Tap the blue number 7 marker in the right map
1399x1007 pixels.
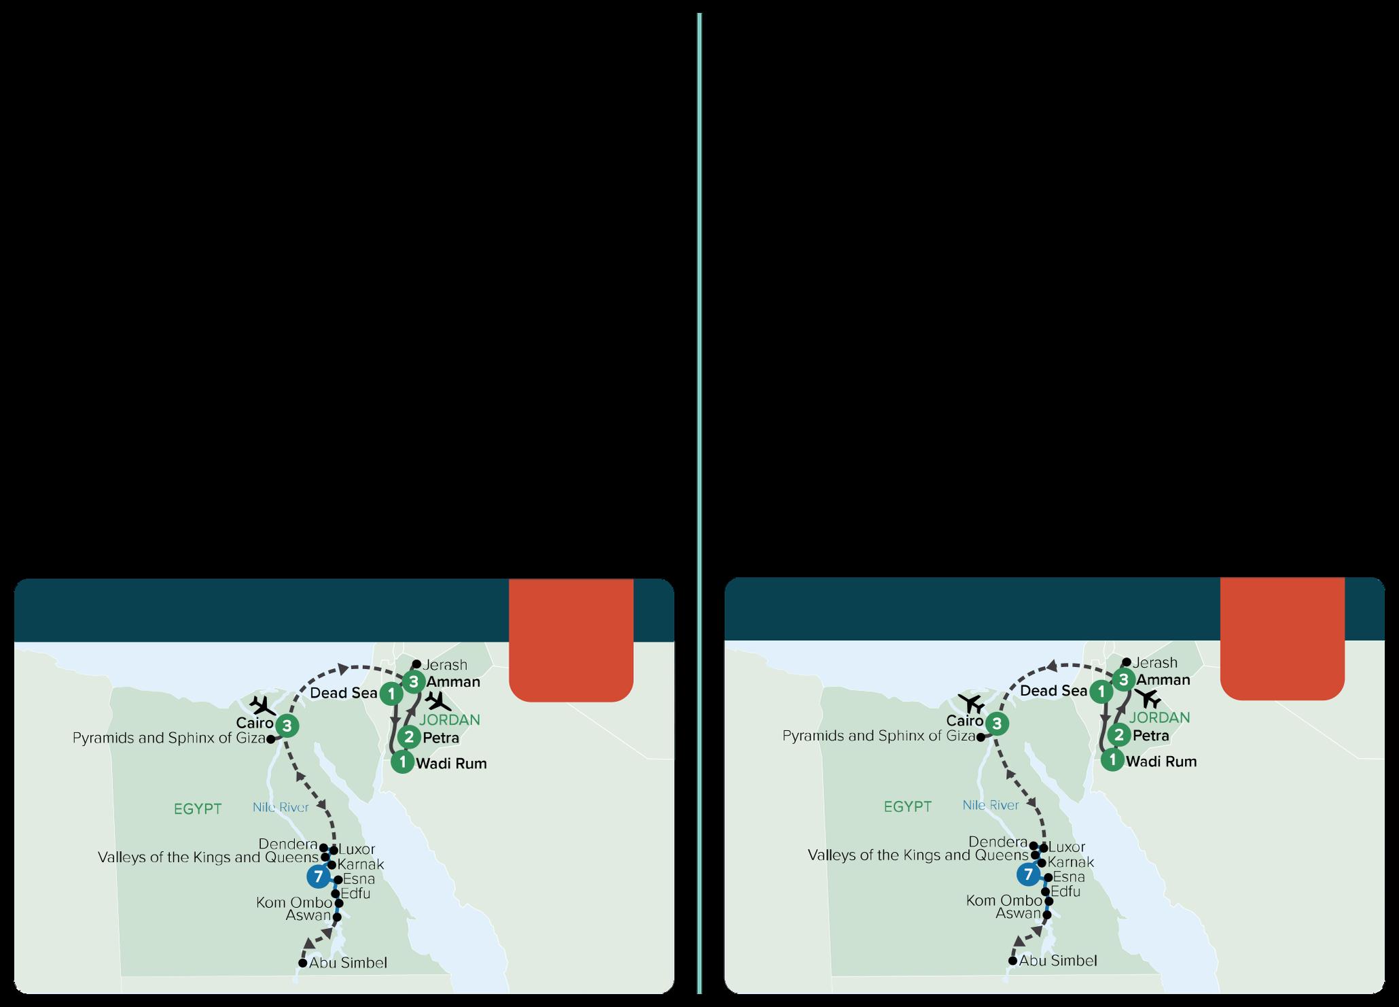1028,874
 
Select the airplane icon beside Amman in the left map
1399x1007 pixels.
438,701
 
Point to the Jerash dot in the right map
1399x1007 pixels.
1127,662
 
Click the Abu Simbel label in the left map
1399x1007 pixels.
348,963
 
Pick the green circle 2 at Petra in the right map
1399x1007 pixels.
1118,734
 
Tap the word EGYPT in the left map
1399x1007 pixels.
198,809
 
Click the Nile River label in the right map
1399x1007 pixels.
991,805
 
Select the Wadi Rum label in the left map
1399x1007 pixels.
451,763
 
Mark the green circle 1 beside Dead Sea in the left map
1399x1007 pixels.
391,694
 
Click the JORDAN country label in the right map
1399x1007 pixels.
1159,717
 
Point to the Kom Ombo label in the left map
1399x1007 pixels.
294,903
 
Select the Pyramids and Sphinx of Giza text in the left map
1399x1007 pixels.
169,738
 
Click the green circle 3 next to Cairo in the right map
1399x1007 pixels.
997,723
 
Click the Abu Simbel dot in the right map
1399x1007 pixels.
1013,961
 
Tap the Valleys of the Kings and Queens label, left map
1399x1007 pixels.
208,857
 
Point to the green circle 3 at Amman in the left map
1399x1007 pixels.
414,681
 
